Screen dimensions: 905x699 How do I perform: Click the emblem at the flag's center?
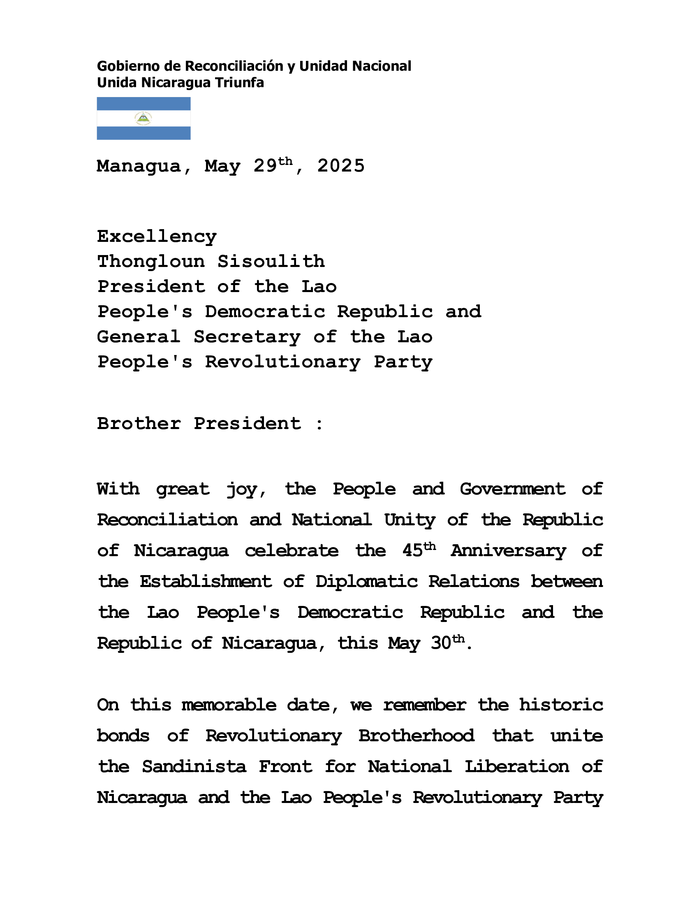[x=143, y=119]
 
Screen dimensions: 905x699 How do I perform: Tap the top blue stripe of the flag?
[x=143, y=104]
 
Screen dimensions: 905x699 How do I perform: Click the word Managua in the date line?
[x=139, y=167]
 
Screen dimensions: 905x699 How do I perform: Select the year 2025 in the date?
[x=341, y=166]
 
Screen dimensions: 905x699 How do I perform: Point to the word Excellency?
[x=157, y=237]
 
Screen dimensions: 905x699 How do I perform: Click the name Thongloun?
[x=151, y=262]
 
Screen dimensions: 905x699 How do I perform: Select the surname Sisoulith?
[x=271, y=262]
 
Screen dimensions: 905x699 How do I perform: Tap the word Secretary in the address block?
[x=247, y=337]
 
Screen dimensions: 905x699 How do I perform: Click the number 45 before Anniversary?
[x=412, y=551]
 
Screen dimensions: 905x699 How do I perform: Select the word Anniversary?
[x=509, y=552]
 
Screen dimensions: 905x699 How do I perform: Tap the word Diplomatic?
[x=366, y=582]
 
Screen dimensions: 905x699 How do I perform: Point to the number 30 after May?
[x=441, y=643]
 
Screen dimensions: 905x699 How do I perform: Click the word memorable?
[x=229, y=705]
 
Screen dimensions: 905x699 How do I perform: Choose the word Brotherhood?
[x=416, y=736]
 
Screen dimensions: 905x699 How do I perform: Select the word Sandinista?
[x=194, y=767]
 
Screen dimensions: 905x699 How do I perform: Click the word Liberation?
[x=517, y=767]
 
